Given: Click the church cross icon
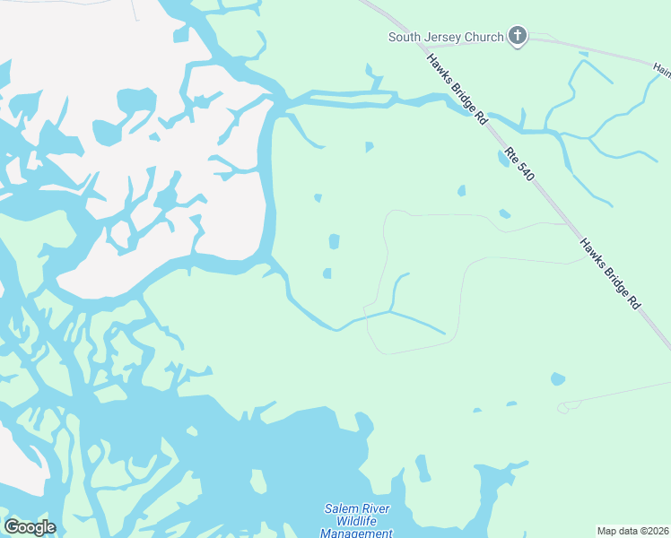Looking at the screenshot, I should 517,37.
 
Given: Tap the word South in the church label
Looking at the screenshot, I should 405,38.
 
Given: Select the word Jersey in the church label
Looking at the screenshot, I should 444,38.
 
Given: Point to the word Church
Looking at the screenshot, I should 484,38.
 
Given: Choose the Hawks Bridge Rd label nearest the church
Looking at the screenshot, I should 457,88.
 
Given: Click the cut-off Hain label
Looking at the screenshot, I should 662,67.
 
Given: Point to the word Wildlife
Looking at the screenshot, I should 356,522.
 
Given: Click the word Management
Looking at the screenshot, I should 356,534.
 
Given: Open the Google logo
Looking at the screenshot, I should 30,527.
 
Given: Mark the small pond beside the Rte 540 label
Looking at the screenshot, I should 502,159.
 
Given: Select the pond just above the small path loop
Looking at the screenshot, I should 558,379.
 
